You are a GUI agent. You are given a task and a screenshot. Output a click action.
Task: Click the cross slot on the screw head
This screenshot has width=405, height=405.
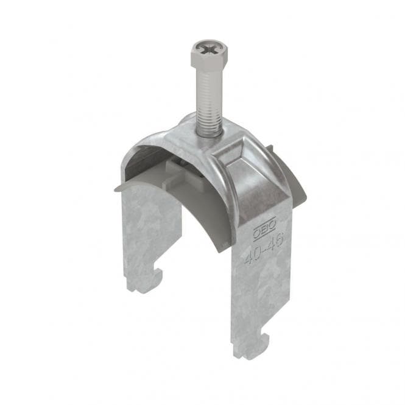coord(208,49)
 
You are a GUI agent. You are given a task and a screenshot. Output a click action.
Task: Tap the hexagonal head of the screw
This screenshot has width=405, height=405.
coord(209,53)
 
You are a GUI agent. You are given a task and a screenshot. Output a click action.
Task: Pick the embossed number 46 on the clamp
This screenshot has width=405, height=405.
coord(275,242)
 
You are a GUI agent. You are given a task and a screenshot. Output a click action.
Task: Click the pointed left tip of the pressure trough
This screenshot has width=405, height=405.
coord(114,191)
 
